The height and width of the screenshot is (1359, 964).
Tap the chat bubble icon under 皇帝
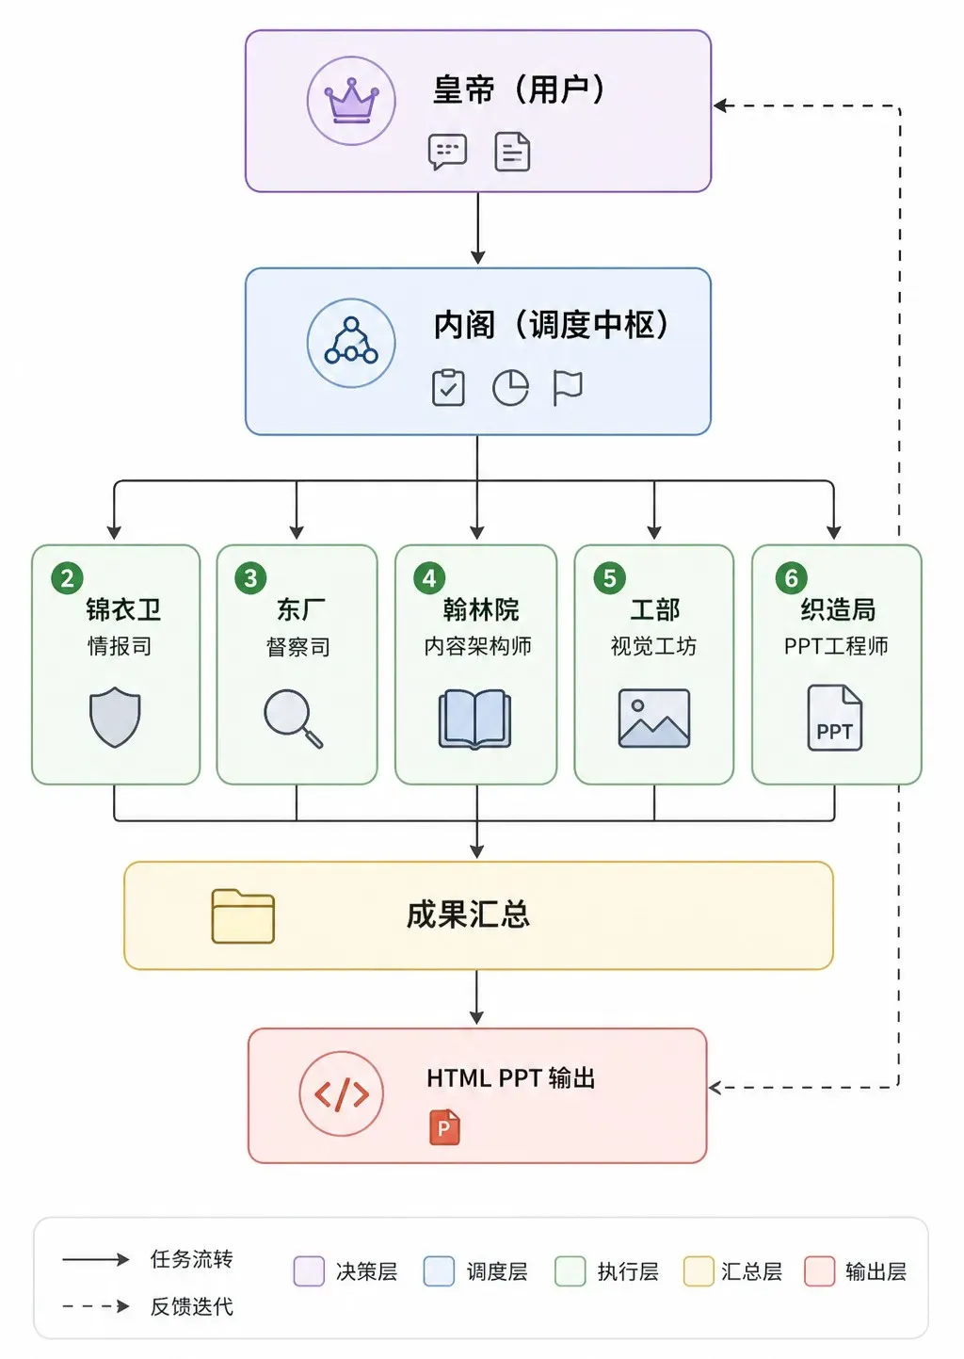(447, 151)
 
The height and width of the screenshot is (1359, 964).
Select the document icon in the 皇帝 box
(512, 152)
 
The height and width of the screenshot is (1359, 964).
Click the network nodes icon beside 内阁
(351, 342)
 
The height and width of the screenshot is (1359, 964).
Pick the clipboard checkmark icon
(448, 388)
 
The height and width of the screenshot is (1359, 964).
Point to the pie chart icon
(510, 388)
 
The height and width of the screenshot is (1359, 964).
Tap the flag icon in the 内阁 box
(568, 388)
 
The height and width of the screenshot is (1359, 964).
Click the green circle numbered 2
(67, 578)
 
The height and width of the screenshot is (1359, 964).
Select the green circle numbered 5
(609, 578)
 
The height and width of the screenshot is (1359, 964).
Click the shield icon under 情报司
(115, 717)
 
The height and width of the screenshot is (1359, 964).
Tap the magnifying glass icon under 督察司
(293, 719)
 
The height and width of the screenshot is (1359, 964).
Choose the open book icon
(474, 719)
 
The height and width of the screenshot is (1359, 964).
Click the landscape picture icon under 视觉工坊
(654, 718)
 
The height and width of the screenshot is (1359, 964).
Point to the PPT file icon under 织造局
(835, 718)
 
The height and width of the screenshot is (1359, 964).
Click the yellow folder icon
(243, 916)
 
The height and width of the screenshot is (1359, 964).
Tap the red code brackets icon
(342, 1093)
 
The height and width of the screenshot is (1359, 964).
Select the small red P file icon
(444, 1127)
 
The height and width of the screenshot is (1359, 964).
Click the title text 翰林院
(481, 609)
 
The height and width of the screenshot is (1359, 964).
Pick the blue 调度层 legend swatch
(439, 1271)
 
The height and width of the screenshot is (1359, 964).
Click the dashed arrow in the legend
(96, 1305)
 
